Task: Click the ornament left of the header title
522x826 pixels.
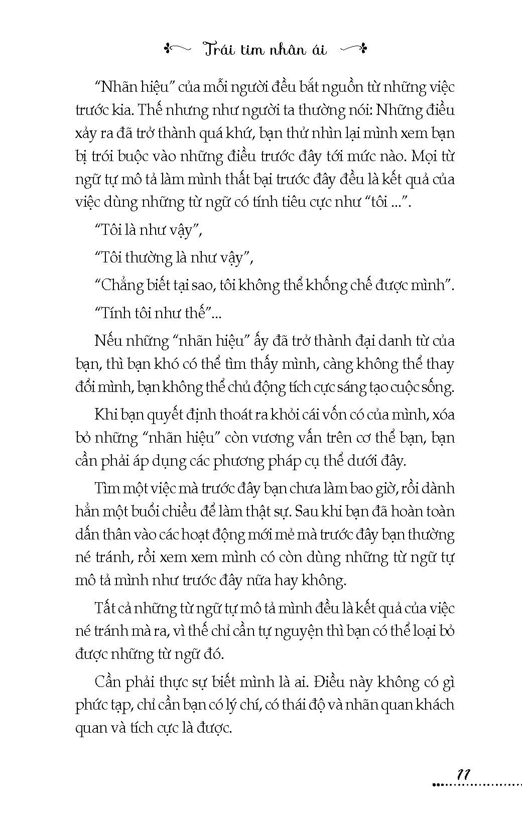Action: pos(176,49)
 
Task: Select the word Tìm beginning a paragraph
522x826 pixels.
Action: pos(105,488)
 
